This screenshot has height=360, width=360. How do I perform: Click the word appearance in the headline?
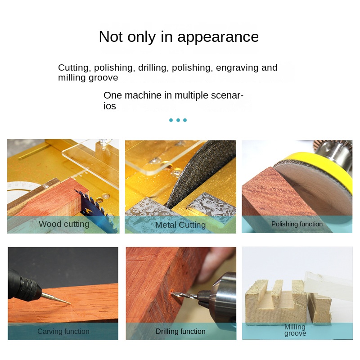[218, 37]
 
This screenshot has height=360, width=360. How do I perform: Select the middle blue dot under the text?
[178, 120]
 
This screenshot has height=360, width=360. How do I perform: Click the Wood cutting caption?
[64, 224]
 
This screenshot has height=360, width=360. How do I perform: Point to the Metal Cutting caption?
[180, 225]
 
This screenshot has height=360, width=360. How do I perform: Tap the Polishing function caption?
[297, 224]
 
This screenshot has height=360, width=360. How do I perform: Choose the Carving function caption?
[63, 331]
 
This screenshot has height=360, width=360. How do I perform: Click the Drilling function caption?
[180, 331]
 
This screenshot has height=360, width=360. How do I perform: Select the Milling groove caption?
[295, 330]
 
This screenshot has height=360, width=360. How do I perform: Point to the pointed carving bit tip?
[70, 303]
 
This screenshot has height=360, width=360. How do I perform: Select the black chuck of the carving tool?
[29, 288]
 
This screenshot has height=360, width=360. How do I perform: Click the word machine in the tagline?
[143, 95]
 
